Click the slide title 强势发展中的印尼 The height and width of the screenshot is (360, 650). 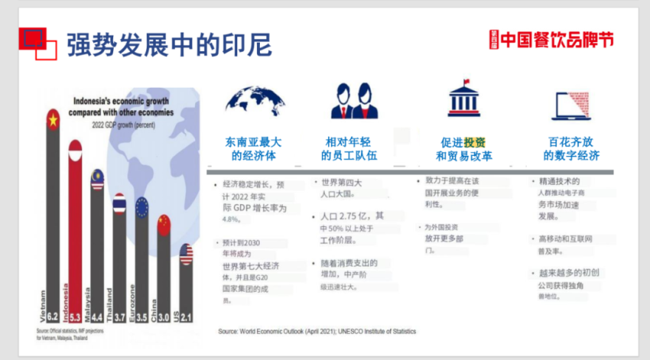[x=169, y=45]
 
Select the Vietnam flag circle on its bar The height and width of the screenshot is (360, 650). [x=52, y=120]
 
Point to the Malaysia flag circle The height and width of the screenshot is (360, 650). [x=97, y=179]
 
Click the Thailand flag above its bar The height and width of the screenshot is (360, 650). [x=119, y=204]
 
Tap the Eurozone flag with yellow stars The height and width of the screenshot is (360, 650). [x=141, y=207]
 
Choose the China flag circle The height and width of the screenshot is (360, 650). [x=164, y=224]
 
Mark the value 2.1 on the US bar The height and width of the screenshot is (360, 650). [x=187, y=316]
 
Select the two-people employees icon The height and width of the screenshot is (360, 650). [x=353, y=100]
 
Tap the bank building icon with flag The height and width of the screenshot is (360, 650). [x=463, y=99]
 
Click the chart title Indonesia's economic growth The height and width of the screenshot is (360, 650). [x=123, y=106]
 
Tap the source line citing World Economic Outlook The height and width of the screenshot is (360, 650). [x=317, y=332]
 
